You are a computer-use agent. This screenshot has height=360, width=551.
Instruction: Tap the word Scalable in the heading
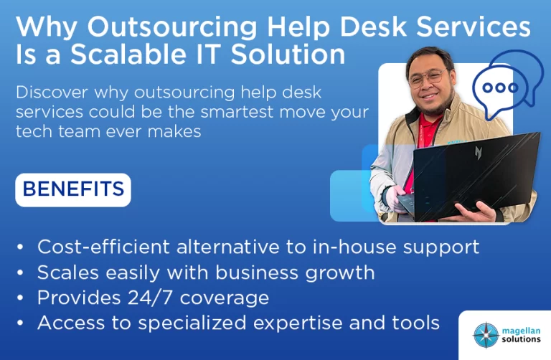click(128, 54)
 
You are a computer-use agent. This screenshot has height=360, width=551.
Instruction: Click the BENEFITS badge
click(73, 189)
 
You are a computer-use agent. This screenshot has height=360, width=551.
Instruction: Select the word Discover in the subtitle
click(52, 93)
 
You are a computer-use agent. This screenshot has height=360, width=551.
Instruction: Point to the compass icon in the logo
click(486, 335)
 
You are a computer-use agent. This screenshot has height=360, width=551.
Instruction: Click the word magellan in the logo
click(521, 331)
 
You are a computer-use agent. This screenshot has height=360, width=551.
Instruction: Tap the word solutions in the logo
click(521, 339)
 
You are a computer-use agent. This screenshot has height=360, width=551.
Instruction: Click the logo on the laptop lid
click(479, 153)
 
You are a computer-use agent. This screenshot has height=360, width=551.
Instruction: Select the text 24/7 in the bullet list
click(150, 298)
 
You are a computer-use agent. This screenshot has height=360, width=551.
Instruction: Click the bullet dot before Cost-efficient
click(20, 247)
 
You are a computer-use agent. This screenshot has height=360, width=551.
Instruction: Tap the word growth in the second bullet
click(340, 273)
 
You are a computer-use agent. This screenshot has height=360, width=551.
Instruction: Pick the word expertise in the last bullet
click(298, 323)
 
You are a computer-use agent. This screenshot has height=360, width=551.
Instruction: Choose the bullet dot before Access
click(20, 323)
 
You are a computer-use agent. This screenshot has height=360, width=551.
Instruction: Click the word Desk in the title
click(373, 27)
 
